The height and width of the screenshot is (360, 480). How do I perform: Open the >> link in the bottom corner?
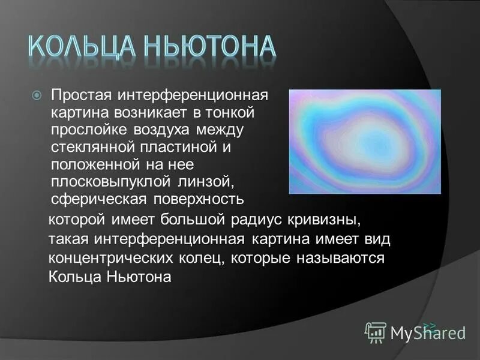pyautogui.click(x=430, y=326)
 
